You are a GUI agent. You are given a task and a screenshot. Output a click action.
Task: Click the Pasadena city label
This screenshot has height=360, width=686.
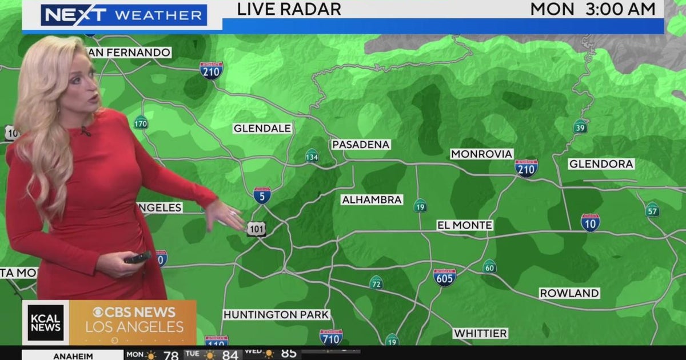click(x=361, y=145)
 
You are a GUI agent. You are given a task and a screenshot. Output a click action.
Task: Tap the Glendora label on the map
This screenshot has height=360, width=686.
click(x=601, y=164)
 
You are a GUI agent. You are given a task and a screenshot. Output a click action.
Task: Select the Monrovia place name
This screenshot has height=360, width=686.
click(x=481, y=154)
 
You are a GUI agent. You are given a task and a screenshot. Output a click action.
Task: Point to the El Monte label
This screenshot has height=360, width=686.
click(x=464, y=225)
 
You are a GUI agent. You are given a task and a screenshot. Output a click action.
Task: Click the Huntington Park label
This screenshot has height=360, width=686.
click(x=276, y=315)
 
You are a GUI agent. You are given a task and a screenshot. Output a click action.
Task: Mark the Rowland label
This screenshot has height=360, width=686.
click(x=569, y=293)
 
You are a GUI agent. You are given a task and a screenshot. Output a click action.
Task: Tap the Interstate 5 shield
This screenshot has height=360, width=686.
click(x=262, y=195)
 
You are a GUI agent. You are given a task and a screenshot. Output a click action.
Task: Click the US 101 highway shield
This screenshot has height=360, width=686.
click(x=256, y=229)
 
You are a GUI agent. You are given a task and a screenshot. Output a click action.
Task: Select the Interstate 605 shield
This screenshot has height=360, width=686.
click(x=445, y=277)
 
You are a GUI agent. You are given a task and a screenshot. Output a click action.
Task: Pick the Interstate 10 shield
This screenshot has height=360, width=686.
click(x=590, y=222)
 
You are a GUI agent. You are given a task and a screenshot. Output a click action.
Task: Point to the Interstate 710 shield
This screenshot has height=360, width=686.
click(x=331, y=337)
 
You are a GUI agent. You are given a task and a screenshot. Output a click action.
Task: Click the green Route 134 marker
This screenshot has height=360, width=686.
click(x=312, y=155)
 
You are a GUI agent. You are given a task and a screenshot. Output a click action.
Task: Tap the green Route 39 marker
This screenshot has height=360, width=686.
click(x=580, y=126)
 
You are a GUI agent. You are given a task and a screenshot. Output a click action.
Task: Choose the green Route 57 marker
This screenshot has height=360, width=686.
click(x=652, y=209)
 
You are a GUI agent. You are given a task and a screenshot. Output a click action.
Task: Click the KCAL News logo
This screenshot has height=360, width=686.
click(x=46, y=322)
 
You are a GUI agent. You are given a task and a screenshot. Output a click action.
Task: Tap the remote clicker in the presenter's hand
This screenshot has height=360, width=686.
click(x=138, y=257)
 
